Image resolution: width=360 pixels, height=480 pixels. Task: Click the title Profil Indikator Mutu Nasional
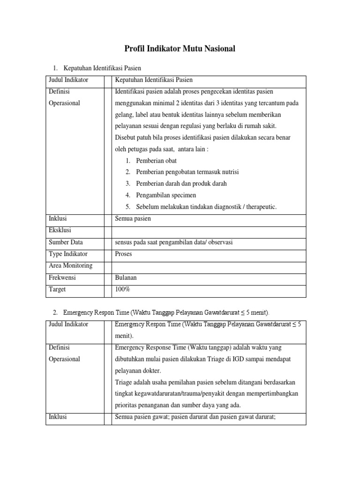tap(180, 48)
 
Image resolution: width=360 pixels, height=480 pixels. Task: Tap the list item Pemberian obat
tap(156, 160)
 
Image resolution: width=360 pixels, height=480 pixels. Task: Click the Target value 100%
tap(122, 289)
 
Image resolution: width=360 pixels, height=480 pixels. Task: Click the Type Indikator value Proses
tap(123, 254)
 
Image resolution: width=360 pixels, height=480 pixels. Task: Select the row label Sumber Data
tap(66, 242)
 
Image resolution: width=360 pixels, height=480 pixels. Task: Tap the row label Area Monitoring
tap(70, 265)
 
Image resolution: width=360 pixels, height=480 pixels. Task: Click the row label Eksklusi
tap(60, 230)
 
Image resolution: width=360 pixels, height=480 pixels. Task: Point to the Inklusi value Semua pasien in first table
tap(133, 218)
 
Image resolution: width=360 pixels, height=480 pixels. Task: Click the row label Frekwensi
tap(62, 277)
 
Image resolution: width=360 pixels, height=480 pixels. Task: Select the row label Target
tap(57, 289)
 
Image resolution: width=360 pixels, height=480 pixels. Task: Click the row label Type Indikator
tap(68, 254)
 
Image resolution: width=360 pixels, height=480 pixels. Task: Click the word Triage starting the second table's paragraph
tap(123, 382)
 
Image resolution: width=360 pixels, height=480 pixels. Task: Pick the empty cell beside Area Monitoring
tap(209, 266)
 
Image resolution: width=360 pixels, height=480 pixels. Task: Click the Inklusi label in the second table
tap(58, 416)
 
